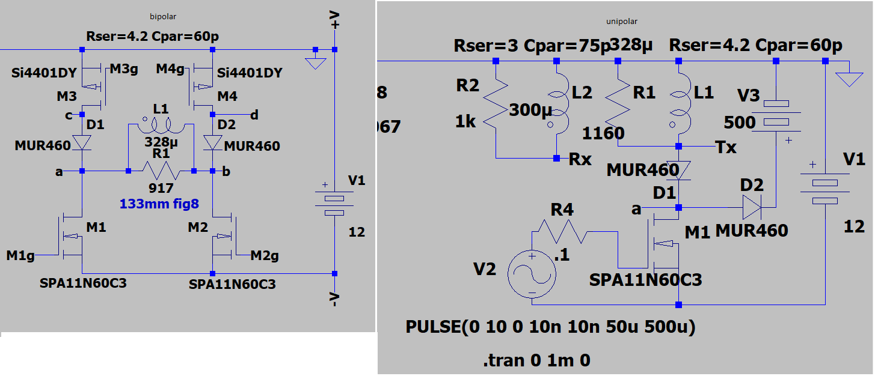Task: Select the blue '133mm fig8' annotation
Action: [159, 204]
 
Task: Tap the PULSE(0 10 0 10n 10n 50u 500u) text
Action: [550, 328]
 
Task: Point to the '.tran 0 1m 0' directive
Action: [536, 360]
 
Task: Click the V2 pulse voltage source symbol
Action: [532, 274]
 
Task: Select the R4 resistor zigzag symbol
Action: [559, 230]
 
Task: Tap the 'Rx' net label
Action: [581, 160]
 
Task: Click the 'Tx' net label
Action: [726, 147]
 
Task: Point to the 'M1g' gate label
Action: [20, 256]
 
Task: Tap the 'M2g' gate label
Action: [265, 256]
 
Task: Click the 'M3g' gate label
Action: [124, 70]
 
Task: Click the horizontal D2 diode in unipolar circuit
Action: [751, 208]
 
